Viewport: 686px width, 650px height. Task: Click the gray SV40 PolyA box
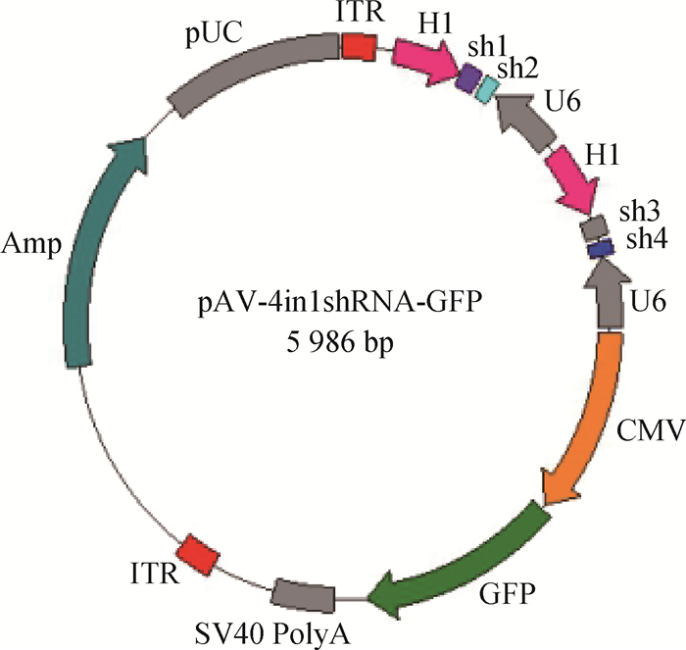point(303,594)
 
